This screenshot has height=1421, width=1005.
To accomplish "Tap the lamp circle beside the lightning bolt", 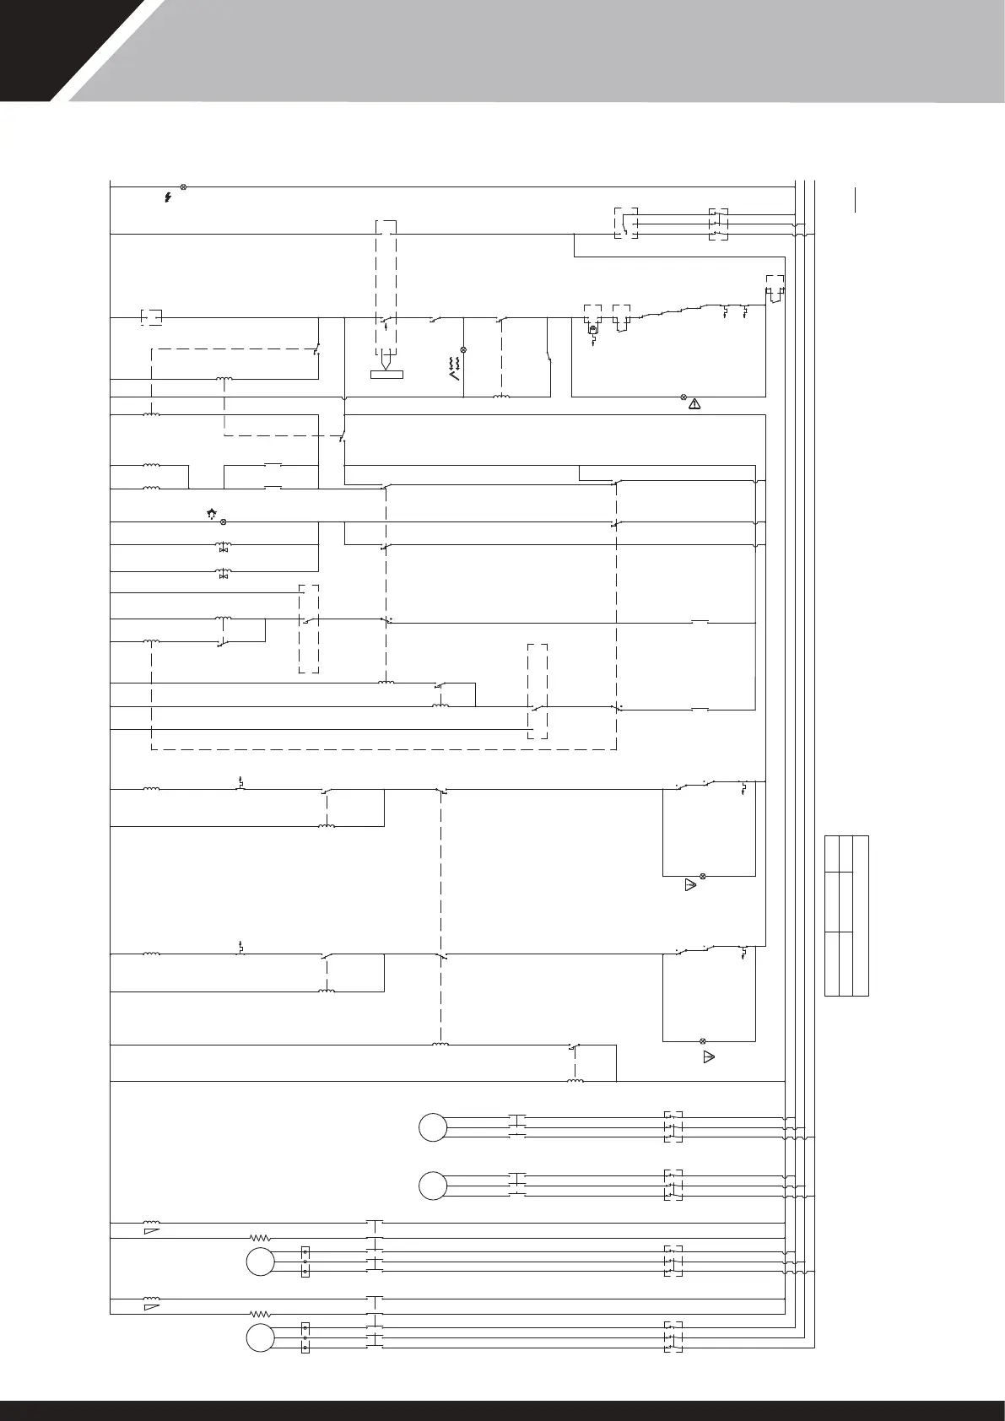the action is click(x=183, y=186).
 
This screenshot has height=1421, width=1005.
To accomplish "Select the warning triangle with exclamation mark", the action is click(x=694, y=404).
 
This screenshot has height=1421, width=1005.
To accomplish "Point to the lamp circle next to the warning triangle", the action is click(x=684, y=396).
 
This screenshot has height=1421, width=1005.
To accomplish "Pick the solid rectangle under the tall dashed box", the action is click(x=386, y=375).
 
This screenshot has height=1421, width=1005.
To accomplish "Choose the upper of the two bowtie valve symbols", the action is click(x=224, y=550).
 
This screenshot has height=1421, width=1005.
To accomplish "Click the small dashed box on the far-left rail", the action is click(x=151, y=318).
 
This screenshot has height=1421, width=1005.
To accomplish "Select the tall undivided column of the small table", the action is click(x=861, y=916).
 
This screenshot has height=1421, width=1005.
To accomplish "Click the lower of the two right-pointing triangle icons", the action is click(x=709, y=1056).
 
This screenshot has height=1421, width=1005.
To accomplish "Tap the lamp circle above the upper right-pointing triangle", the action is click(x=702, y=877).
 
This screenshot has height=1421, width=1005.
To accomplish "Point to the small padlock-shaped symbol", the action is click(x=593, y=330).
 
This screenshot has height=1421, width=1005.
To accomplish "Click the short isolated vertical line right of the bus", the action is click(x=856, y=200).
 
